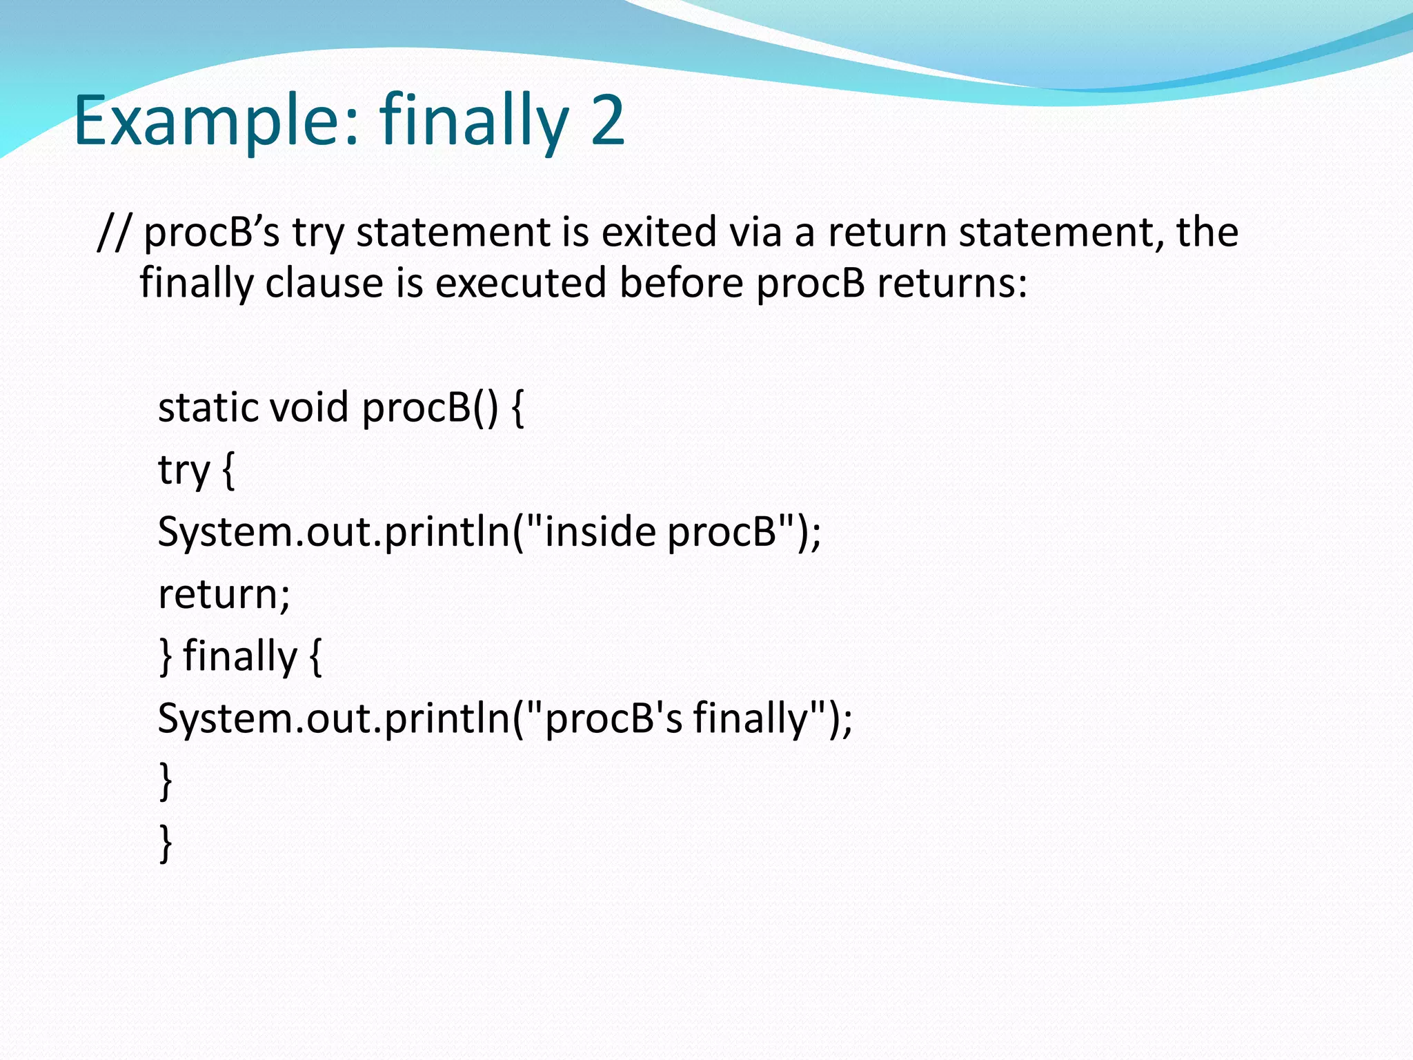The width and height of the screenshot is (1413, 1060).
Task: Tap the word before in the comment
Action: (681, 283)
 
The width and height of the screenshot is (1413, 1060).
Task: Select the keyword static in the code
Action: (208, 407)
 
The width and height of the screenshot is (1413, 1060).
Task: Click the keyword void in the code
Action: (309, 407)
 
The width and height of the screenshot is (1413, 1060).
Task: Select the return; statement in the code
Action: (224, 594)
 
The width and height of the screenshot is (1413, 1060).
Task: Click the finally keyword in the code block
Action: (240, 656)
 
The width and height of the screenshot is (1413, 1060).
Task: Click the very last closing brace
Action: (166, 843)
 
